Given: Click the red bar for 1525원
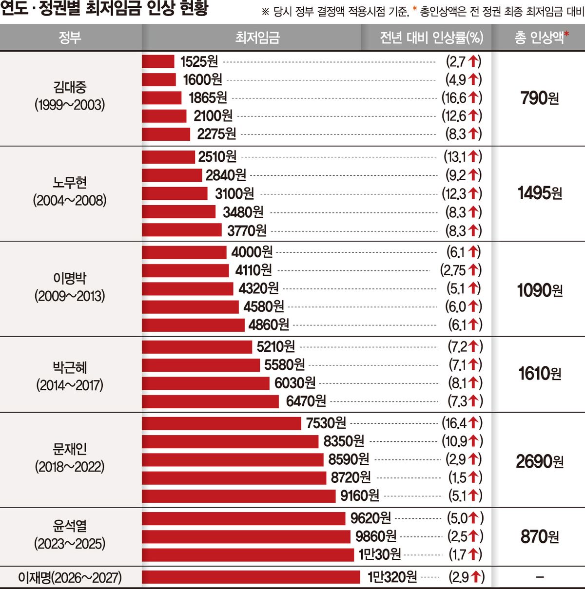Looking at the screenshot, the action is (158, 61).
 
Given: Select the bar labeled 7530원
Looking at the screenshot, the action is (221, 423).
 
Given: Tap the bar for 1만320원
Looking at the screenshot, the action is (251, 577).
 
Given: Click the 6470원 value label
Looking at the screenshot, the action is (306, 401).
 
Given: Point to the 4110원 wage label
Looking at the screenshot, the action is (253, 270).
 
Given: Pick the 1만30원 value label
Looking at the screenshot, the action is (379, 554).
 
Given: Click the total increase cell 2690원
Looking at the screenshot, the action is (539, 461).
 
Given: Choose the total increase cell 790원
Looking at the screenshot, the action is (540, 98).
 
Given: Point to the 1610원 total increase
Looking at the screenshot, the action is (540, 374).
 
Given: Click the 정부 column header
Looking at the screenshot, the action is (70, 38).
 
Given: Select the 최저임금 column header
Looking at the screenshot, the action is (257, 38).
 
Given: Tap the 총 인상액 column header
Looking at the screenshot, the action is (541, 38).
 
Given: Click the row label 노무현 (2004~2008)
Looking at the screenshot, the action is (70, 191).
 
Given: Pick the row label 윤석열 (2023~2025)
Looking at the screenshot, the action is (70, 535).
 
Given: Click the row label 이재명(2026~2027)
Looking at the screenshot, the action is (70, 577).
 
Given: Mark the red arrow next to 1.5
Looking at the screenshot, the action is (473, 477).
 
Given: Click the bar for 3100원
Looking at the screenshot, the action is (175, 193).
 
